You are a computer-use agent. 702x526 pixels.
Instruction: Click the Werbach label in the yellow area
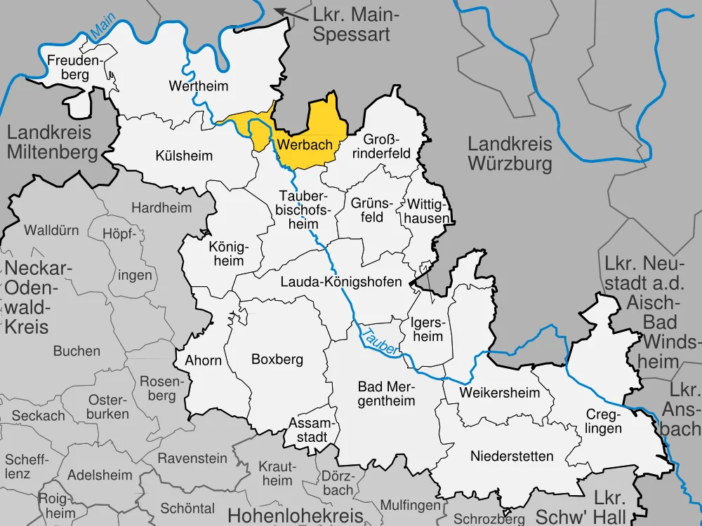click(x=304, y=144)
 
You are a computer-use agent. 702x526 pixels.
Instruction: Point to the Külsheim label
click(x=184, y=156)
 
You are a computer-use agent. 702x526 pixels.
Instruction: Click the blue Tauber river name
click(x=380, y=339)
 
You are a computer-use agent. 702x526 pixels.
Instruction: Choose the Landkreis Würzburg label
click(x=510, y=154)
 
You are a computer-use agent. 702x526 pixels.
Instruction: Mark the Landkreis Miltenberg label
click(x=52, y=142)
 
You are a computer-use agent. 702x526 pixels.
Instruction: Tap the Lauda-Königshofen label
click(x=340, y=282)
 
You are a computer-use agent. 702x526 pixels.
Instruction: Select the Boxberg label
click(x=277, y=359)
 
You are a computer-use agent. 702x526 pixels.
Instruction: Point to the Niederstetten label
click(x=502, y=457)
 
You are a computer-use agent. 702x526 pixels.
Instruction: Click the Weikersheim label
click(x=500, y=393)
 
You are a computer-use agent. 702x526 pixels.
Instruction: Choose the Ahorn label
click(x=204, y=360)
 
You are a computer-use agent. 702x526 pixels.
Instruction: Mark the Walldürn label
click(x=51, y=230)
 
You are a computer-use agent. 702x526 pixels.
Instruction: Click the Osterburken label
click(x=108, y=407)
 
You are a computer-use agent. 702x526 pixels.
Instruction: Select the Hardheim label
click(x=161, y=208)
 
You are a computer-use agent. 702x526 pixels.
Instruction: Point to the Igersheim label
click(x=427, y=329)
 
